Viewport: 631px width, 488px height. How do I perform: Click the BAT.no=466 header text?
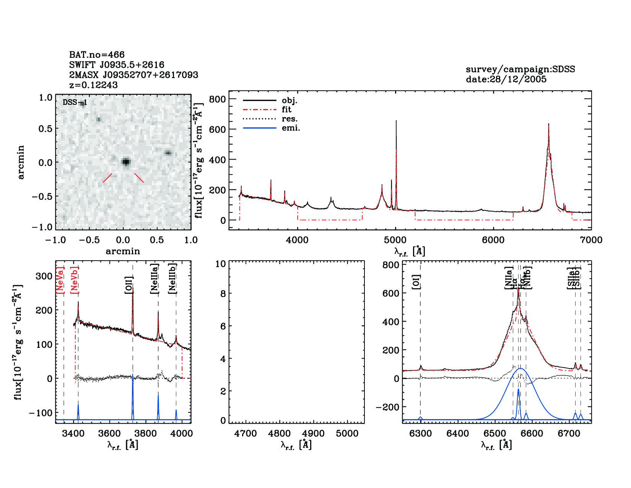tap(97, 55)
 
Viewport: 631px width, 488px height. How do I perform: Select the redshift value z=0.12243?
tap(93, 85)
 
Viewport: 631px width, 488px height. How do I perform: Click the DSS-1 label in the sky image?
tap(75, 102)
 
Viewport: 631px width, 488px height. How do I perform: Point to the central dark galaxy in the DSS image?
tap(126, 162)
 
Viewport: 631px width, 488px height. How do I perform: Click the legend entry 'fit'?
tap(286, 109)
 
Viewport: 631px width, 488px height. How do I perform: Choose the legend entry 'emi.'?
tap(291, 128)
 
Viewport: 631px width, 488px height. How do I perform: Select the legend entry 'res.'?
tap(289, 119)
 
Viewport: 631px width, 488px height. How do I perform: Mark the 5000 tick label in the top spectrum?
tap(395, 240)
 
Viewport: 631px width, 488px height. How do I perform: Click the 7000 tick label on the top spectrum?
tap(591, 240)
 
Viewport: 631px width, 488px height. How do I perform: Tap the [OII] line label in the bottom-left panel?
tap(129, 285)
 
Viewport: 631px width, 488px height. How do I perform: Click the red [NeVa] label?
tap(60, 280)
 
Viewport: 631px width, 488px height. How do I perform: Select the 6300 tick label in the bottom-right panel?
tap(420, 434)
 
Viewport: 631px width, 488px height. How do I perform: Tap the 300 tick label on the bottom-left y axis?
tap(44, 276)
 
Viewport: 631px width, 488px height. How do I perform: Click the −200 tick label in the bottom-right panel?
tap(387, 407)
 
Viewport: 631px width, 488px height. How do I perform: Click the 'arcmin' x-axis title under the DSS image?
tap(123, 251)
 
